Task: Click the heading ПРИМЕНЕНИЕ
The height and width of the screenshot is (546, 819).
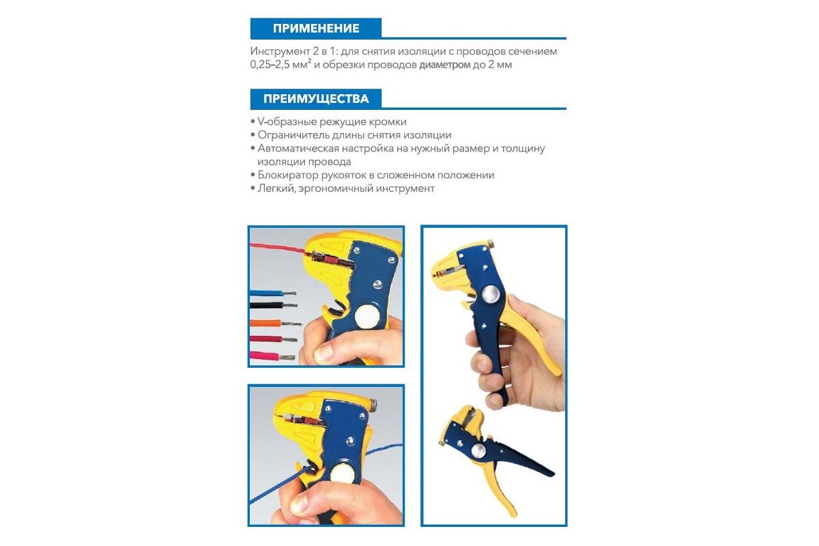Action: tap(316, 28)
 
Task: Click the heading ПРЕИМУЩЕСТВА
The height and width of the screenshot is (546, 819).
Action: tap(316, 99)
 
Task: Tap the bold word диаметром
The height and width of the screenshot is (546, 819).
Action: tap(444, 65)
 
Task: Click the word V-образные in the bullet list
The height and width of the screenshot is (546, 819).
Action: tap(287, 121)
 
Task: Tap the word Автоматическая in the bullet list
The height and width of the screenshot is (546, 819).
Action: tap(298, 149)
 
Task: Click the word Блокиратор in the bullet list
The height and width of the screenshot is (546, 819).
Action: tap(288, 175)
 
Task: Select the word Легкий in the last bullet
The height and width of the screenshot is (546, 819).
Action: tap(276, 188)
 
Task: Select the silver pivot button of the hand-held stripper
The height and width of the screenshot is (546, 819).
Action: tap(491, 295)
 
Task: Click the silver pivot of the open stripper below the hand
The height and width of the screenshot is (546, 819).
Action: tap(478, 450)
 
